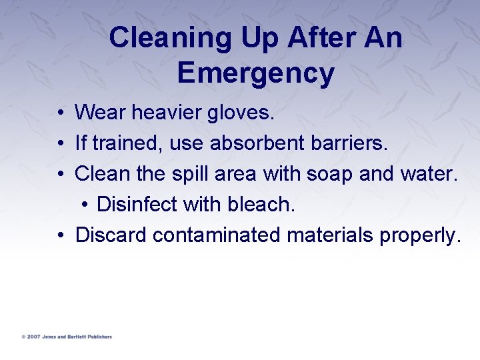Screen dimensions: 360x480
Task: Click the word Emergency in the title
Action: (x=255, y=73)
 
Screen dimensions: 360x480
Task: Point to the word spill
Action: (x=188, y=174)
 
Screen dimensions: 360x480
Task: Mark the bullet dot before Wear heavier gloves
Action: (x=60, y=113)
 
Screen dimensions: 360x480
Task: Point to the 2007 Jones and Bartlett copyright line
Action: (x=67, y=337)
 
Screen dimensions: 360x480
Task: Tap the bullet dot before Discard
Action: (x=60, y=235)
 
